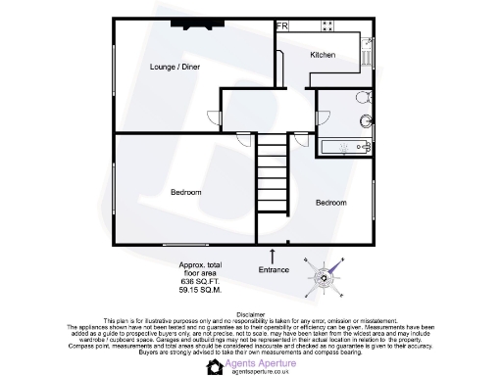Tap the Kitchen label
324,56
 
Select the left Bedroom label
186,193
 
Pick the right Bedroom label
330,202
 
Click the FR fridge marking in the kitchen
282,26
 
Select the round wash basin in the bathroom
360,98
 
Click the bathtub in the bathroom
342,147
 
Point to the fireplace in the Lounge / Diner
189,24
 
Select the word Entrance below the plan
274,269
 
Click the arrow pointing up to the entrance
274,256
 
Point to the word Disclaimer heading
251,315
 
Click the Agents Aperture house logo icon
216,366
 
